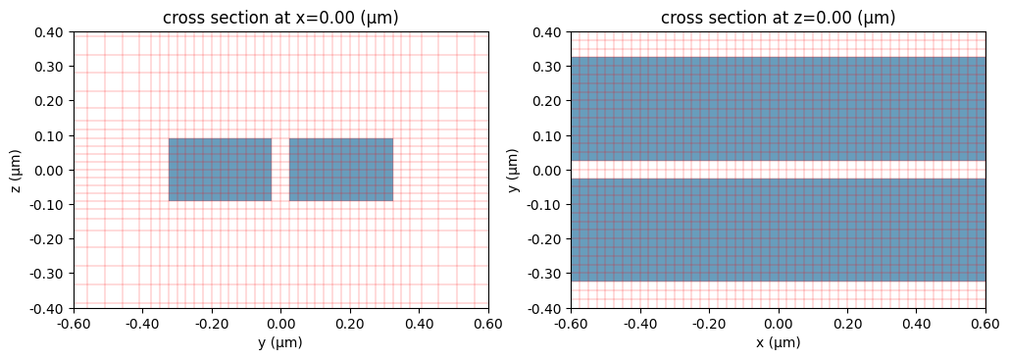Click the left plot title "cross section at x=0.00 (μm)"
click(280, 18)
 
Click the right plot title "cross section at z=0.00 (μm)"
click(778, 18)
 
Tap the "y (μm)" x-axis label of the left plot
click(280, 343)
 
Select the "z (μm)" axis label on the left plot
click(17, 170)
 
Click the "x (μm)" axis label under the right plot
click(778, 343)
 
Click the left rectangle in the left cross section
click(220, 170)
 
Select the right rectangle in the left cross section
click(341, 170)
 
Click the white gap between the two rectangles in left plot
click(280, 170)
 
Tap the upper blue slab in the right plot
click(778, 108)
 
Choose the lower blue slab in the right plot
click(778, 230)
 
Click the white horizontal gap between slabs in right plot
click(778, 170)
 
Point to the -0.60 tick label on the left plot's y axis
click(74, 322)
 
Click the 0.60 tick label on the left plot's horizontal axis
click(487, 322)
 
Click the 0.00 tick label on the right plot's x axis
click(778, 322)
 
